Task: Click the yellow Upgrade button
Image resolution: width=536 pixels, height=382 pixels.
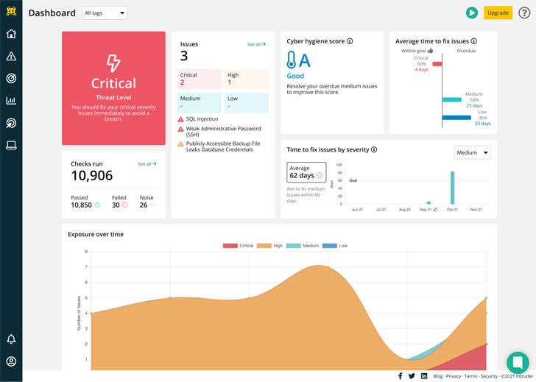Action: coord(498,13)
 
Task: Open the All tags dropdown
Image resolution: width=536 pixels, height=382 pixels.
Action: coord(104,13)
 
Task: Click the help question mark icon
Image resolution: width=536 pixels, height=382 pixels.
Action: coord(524,13)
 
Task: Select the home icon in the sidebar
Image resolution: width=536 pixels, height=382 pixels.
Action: coord(11,34)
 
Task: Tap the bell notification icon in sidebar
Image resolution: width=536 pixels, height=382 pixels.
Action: coord(11,339)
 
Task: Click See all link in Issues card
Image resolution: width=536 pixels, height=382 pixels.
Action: coord(256,44)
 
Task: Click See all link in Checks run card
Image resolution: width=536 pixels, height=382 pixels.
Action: coord(147,164)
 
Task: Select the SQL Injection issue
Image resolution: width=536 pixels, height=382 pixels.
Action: coord(202,119)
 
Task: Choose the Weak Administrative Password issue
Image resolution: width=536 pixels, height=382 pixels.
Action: coord(222,132)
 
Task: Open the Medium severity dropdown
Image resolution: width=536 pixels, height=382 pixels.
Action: coord(472,153)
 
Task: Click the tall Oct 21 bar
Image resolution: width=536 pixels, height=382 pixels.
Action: coord(452,188)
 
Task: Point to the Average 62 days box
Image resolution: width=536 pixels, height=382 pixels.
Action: coord(306,172)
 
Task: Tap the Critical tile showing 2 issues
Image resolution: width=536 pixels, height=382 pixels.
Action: coord(200,79)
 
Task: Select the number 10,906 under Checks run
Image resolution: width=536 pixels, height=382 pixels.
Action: coord(92,176)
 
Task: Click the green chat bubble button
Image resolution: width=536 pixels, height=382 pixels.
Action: coord(518,362)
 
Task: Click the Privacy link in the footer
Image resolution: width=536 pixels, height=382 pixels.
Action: coord(454,376)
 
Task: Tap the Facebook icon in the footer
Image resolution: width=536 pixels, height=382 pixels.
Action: coord(400,376)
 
